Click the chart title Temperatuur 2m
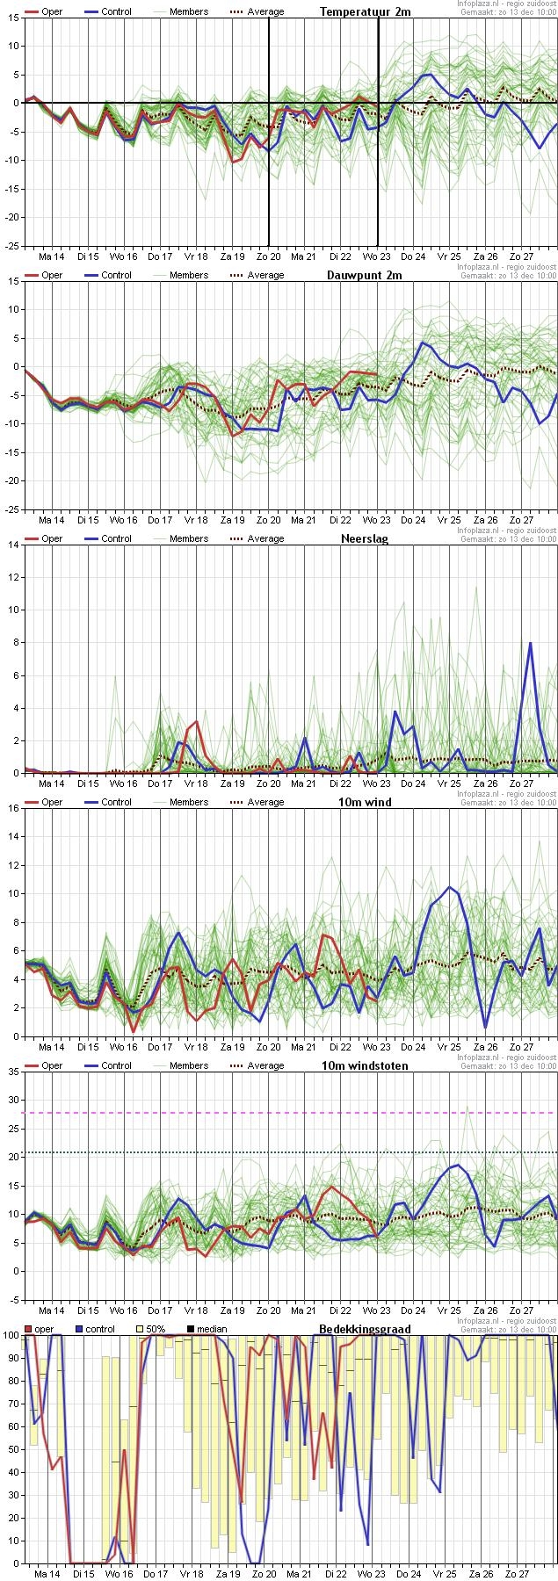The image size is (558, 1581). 365,11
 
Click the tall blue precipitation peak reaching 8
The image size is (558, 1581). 530,644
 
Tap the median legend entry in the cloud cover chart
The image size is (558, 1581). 207,1329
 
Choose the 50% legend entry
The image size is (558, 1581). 150,1329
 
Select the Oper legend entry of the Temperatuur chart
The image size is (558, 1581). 43,11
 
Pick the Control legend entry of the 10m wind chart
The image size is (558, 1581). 108,802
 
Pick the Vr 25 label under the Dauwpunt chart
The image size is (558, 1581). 449,519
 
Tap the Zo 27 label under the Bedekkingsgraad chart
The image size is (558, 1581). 521,1573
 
